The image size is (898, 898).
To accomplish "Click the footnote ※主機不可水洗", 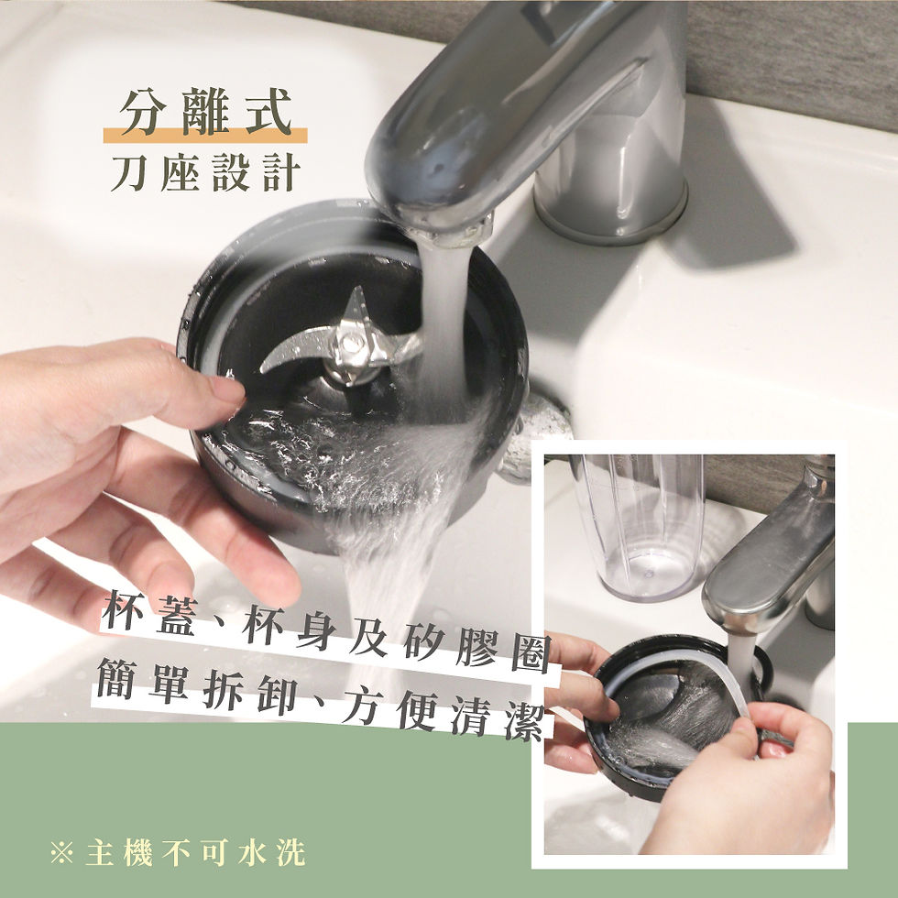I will point(179,852).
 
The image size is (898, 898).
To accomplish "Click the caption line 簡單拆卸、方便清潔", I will point(325,701).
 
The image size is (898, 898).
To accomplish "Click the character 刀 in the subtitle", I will point(129,171).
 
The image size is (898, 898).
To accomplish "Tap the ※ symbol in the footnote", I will point(62,853).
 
